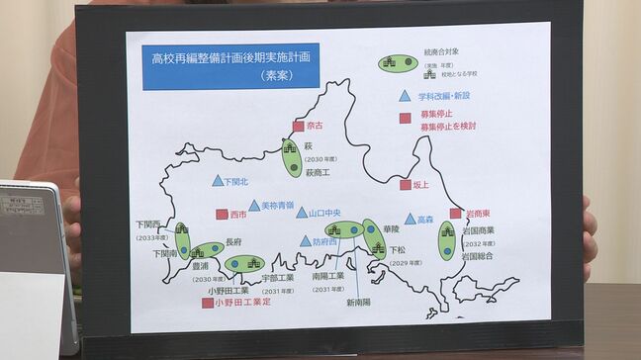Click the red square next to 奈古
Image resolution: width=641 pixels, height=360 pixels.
(298, 126)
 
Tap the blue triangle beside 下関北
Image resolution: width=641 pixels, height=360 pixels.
(218, 181)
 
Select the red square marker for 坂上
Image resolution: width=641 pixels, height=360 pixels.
(405, 185)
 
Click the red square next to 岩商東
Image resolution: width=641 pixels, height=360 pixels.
(455, 213)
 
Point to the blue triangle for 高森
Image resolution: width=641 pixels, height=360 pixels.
(410, 219)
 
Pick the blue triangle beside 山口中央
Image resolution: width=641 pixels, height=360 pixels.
(302, 213)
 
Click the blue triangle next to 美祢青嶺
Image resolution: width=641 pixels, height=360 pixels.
(254, 206)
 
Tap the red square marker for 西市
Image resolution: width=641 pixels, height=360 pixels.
(222, 214)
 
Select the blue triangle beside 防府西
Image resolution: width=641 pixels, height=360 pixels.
(306, 241)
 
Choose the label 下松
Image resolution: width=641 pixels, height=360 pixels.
(398, 250)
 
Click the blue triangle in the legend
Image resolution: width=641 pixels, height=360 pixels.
(405, 97)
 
